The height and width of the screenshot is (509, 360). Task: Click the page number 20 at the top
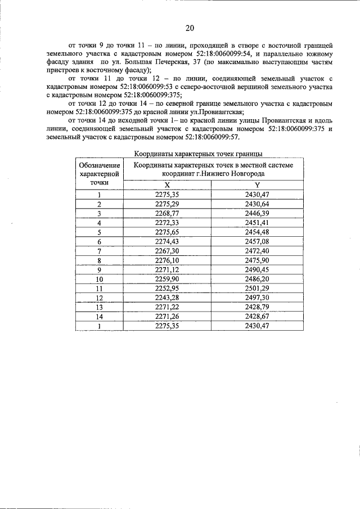coord(189,28)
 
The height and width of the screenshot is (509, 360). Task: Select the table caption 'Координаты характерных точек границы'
coord(199,154)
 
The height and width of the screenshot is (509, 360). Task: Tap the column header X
coord(166,184)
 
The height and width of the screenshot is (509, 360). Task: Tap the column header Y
coord(257,184)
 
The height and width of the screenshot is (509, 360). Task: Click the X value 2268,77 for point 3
coord(166,213)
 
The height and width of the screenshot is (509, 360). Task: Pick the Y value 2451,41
coord(257,223)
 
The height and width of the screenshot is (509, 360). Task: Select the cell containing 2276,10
coord(166,260)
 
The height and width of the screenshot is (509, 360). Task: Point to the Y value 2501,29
coord(257,289)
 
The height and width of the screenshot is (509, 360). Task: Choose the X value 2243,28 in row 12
coord(166,298)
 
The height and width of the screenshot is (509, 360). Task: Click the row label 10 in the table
coord(99,279)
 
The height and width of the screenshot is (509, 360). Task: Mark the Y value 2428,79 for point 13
coord(257,307)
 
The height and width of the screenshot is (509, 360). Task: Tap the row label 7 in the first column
coord(99,251)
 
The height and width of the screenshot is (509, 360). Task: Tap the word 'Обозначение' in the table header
coord(99,165)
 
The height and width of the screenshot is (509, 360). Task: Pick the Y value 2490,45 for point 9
coord(257,269)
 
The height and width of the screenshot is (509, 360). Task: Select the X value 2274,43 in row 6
coord(166,241)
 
